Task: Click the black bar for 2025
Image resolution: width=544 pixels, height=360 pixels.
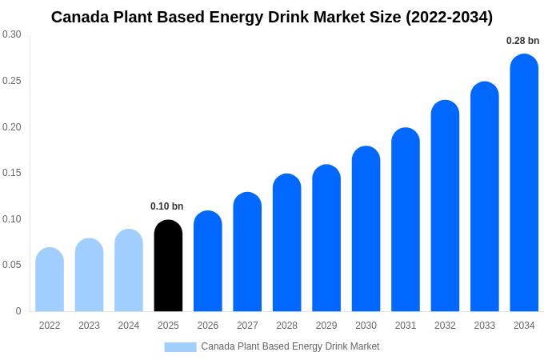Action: pos(168,266)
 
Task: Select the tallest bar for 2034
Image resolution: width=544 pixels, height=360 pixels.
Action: pos(524,183)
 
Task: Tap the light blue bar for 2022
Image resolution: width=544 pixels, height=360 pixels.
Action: pos(50,280)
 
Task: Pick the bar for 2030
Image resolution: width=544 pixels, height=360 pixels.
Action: pos(366,229)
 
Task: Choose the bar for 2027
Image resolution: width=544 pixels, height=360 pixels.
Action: pos(247,252)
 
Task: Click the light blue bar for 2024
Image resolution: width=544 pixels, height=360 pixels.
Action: pos(129,270)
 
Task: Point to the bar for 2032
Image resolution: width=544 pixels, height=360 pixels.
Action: pos(445,206)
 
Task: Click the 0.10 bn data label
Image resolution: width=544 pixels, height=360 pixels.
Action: pos(166,206)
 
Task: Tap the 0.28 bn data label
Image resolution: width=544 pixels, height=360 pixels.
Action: pos(522,41)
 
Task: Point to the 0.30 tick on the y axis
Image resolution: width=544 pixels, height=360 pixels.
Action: pos(12,34)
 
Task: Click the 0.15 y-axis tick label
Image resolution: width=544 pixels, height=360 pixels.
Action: pos(12,173)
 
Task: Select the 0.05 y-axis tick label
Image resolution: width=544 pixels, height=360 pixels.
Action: pos(12,265)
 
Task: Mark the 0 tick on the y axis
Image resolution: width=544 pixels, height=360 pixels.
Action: pos(18,311)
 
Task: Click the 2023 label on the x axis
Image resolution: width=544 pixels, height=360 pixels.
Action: pos(89,326)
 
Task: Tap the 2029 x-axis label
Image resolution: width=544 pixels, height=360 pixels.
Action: pos(326,326)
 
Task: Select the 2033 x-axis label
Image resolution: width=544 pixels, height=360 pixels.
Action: pos(484,326)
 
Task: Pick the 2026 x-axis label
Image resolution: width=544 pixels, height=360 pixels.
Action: pos(208,326)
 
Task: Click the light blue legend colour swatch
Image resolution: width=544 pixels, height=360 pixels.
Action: pos(180,346)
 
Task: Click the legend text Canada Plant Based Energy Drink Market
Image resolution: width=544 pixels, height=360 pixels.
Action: pos(290,346)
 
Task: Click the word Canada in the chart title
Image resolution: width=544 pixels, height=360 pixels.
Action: pos(80,17)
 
